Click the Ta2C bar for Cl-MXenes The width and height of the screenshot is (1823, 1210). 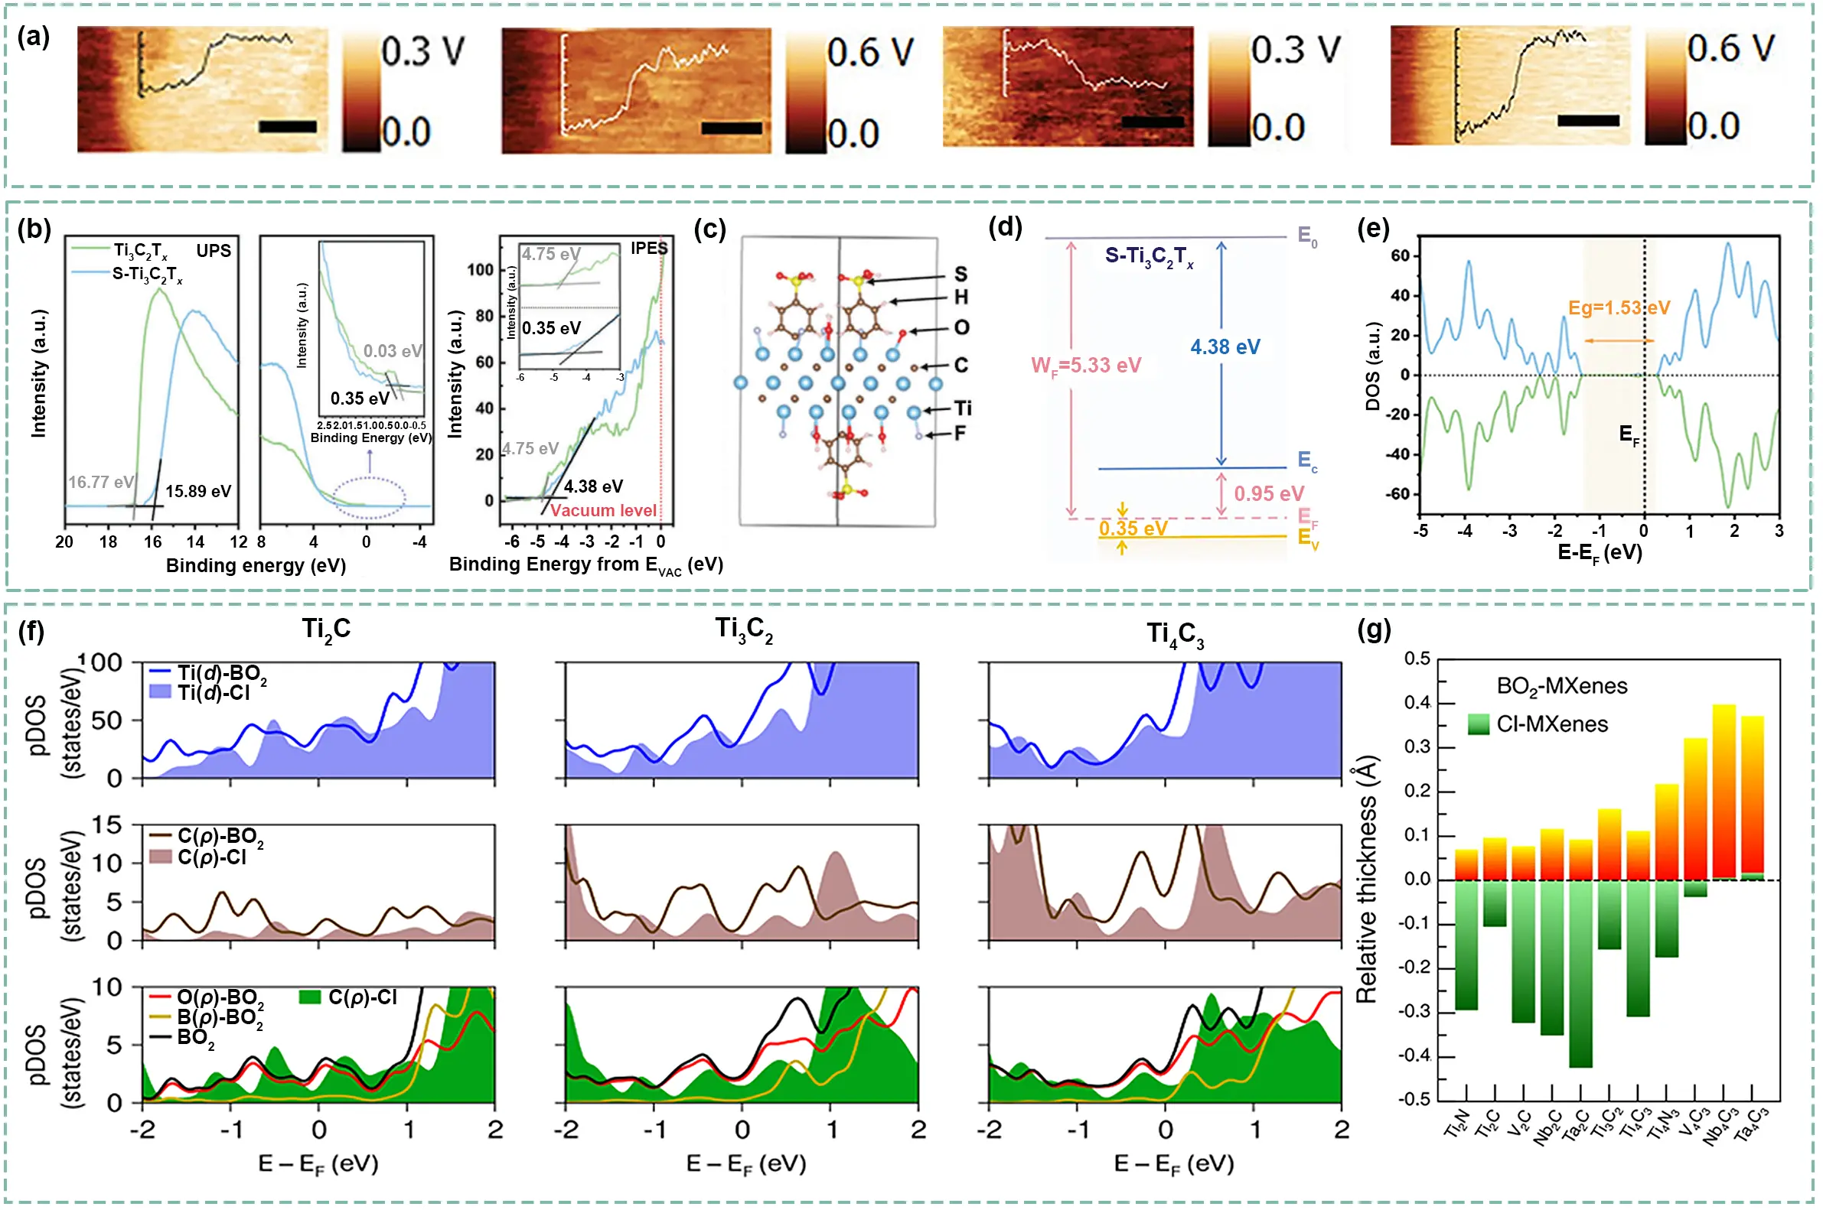tap(1580, 972)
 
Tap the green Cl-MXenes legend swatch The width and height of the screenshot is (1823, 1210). tap(1478, 724)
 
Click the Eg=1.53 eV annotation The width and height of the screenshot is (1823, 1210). tap(1619, 308)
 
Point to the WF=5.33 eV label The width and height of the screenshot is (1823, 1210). tap(1086, 366)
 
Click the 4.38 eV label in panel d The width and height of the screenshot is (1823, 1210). tap(1225, 347)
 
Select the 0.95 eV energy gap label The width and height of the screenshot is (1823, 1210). tap(1269, 494)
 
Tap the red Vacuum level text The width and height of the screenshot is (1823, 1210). tap(603, 511)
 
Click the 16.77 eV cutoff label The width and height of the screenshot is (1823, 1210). tap(100, 483)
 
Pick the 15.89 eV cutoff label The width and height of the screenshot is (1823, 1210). tap(197, 492)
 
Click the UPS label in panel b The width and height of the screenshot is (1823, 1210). tap(213, 251)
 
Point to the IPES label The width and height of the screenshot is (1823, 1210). tap(648, 249)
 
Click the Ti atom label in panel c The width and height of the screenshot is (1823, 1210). tap(963, 408)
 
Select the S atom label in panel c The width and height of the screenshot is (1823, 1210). tap(960, 274)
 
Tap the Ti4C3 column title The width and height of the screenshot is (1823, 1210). tap(1175, 635)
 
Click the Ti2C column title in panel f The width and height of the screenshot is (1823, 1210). tap(326, 629)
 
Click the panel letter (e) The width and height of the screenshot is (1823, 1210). tap(1373, 229)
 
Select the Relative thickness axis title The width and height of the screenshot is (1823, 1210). tap(1366, 880)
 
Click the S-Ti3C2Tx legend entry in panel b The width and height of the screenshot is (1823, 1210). tap(147, 274)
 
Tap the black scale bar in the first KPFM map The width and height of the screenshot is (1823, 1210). tap(287, 126)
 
